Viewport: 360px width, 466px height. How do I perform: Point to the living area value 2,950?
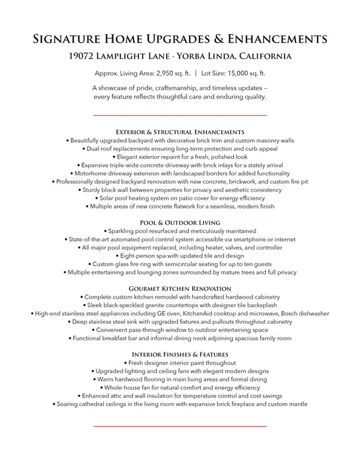pos(164,73)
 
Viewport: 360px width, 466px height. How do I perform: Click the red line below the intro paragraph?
pos(180,115)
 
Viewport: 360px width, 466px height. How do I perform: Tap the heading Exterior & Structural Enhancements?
pos(180,131)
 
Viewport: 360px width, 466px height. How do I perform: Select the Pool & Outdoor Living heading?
pos(180,223)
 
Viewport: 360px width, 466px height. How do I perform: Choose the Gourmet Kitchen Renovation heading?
pos(180,288)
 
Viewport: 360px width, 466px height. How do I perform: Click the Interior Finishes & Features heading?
pos(180,355)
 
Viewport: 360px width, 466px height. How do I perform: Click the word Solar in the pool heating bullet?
pos(109,198)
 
